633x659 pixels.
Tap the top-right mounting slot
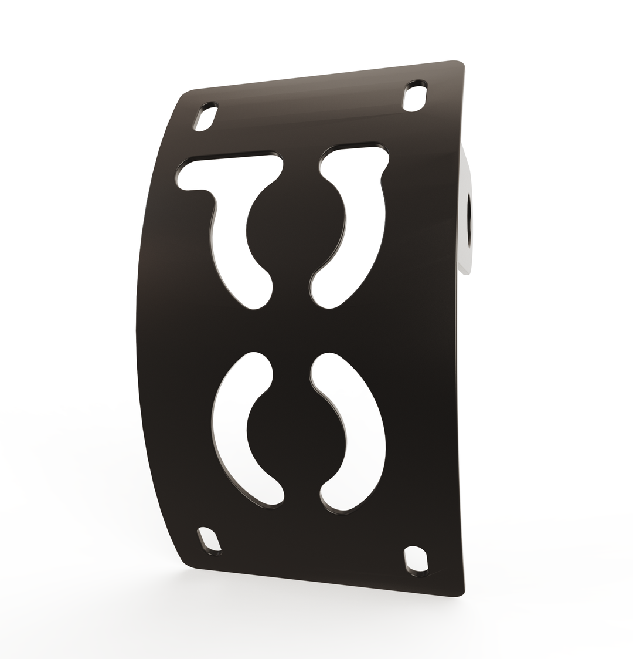pyautogui.click(x=415, y=96)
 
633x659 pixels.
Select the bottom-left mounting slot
pyautogui.click(x=209, y=539)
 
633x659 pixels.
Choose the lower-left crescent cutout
pyautogui.click(x=232, y=428)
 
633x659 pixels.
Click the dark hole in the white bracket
pyautogui.click(x=469, y=220)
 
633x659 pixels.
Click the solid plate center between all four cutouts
pyautogui.click(x=291, y=330)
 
